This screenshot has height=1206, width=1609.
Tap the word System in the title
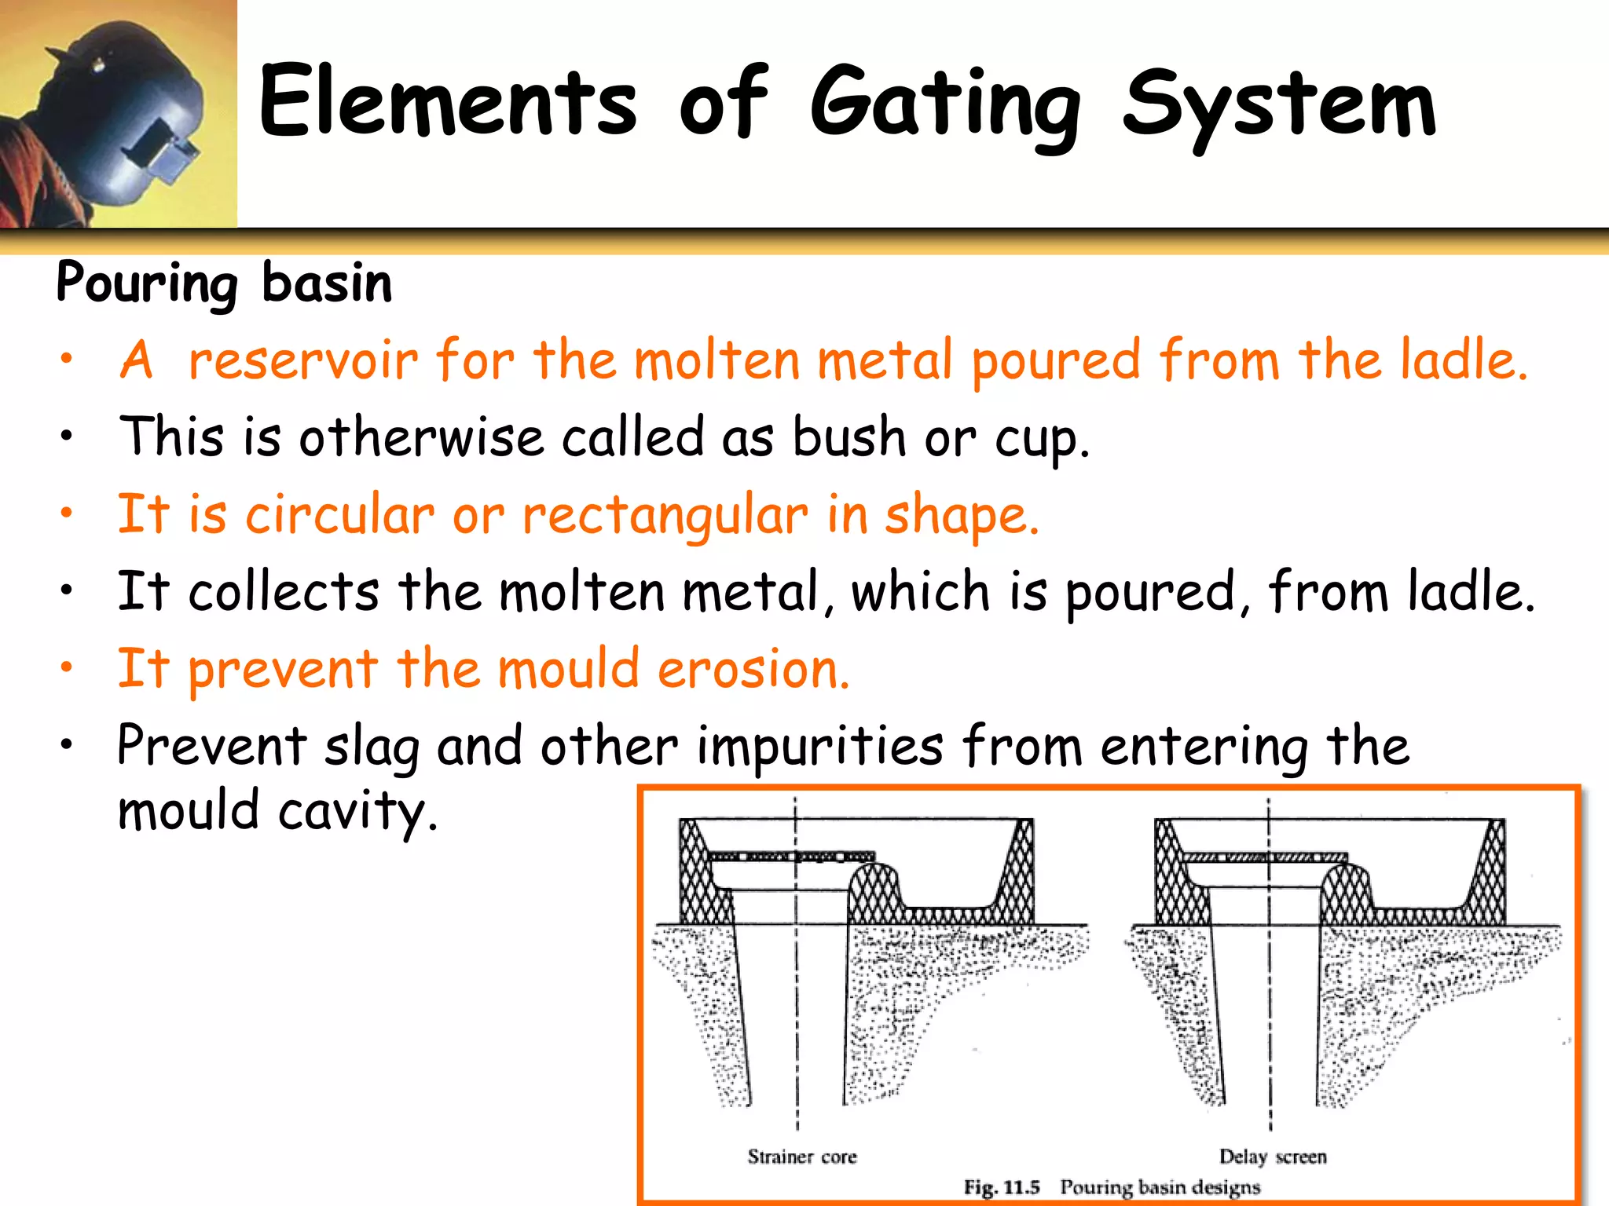[1279, 106]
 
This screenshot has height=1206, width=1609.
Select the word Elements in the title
[448, 102]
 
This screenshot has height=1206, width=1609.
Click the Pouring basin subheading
[224, 283]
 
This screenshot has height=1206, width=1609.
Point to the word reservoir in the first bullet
[303, 360]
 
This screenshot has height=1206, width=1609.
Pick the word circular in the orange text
[339, 515]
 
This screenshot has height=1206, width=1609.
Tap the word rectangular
[665, 517]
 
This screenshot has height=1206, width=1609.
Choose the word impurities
[819, 746]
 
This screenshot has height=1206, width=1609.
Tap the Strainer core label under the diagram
[801, 1157]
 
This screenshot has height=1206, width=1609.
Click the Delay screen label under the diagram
[1272, 1157]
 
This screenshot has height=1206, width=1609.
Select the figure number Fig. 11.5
[1002, 1187]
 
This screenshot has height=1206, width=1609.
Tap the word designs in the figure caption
[1226, 1187]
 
